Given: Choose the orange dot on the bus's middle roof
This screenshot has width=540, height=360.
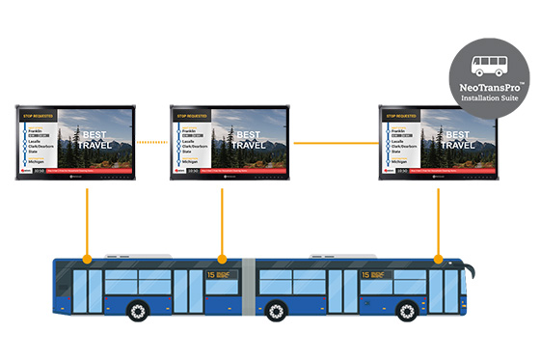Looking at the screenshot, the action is (x=223, y=259).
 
